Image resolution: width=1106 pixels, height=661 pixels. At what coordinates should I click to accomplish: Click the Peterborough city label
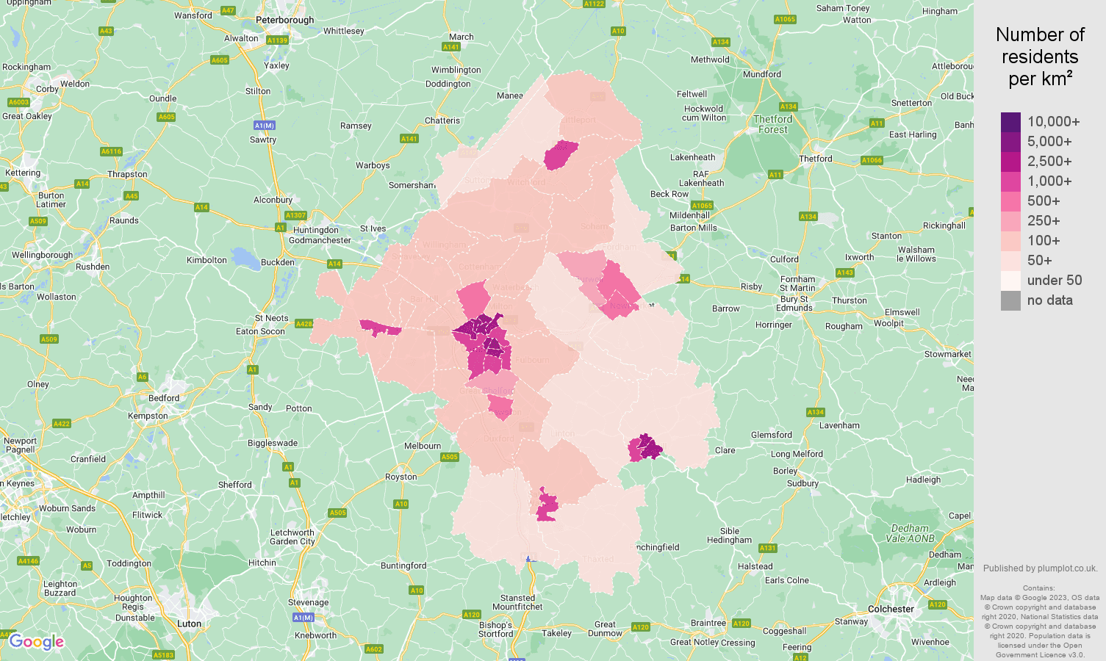284,21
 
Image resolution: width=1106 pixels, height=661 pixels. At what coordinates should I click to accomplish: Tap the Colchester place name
891,609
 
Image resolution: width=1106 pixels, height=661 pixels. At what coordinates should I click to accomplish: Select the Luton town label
189,624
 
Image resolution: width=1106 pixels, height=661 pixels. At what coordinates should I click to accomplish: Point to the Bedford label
164,398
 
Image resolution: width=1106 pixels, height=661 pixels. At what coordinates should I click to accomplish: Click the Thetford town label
816,159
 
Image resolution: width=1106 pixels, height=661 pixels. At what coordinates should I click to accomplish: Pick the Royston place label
401,477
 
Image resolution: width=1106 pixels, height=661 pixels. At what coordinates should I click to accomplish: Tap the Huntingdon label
316,230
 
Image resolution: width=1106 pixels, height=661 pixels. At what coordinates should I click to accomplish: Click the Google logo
37,642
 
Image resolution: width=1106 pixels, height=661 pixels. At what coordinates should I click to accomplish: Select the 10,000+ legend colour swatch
1010,122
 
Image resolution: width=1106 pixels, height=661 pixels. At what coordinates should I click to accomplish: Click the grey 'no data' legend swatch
1010,300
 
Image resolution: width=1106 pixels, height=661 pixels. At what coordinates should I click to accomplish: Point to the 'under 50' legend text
1054,281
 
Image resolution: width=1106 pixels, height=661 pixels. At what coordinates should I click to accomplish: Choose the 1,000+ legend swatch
1010,181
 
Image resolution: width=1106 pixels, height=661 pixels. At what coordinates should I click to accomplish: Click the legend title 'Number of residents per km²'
1040,57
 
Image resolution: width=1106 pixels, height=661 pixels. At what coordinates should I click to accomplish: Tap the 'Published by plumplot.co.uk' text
1040,568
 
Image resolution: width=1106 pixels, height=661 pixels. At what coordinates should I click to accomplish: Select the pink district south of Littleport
561,155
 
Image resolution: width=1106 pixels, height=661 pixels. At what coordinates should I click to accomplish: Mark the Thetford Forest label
772,124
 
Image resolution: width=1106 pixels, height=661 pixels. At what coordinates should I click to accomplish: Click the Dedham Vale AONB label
910,533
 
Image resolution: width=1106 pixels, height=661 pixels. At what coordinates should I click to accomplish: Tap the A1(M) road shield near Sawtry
264,126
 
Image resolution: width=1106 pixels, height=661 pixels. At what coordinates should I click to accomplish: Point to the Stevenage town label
308,602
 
